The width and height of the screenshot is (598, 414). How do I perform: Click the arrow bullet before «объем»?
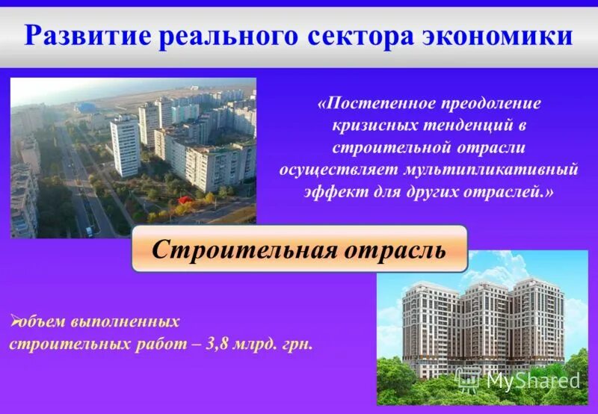point(14,322)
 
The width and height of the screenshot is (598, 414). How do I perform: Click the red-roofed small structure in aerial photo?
point(186,200)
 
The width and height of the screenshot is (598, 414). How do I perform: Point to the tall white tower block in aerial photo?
point(124,145)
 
